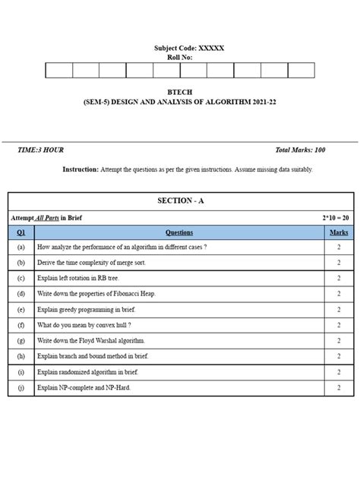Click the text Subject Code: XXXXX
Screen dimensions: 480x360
tap(189, 49)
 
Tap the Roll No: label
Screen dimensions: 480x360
tap(180, 58)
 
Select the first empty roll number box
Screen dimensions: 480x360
tap(59, 71)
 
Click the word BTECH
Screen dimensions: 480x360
tap(180, 91)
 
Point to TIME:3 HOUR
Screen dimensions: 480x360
tap(40, 150)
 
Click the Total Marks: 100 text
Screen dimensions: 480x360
tap(300, 150)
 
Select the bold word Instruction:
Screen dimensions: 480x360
tap(81, 170)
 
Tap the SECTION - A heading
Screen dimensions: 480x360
tap(180, 201)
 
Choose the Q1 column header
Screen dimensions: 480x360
tap(21, 233)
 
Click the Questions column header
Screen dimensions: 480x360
tap(179, 233)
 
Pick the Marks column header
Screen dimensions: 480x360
tap(339, 233)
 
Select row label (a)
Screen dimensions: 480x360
tap(21, 248)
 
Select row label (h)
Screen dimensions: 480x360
tap(21, 356)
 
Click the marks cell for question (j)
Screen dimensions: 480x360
tap(339, 388)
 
